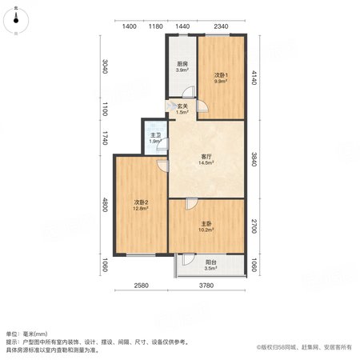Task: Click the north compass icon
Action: click(16, 20)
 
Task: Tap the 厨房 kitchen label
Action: click(182, 64)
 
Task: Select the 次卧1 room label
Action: click(221, 75)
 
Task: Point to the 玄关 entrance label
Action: click(182, 106)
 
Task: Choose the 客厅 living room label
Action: click(206, 157)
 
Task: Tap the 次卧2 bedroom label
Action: click(141, 202)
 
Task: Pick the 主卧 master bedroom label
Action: click(206, 223)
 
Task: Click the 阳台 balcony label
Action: click(210, 262)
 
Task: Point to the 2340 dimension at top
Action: click(221, 26)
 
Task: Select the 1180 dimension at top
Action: click(156, 26)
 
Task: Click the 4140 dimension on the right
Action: click(254, 78)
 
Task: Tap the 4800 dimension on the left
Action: click(105, 205)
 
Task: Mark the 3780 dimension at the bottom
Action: click(206, 286)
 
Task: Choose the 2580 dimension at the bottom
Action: click(141, 286)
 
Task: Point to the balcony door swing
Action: click(189, 260)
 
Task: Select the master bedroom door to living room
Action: click(192, 204)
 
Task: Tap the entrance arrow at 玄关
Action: click(170, 106)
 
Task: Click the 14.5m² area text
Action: click(206, 162)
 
